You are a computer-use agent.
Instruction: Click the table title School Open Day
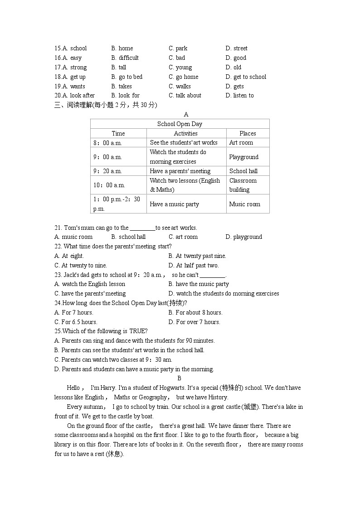tap(180, 124)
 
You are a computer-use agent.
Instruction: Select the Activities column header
tap(185, 133)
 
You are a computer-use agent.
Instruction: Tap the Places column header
tap(248, 133)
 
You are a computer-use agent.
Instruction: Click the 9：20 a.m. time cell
tap(107, 171)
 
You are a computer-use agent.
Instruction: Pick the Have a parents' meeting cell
tap(180, 171)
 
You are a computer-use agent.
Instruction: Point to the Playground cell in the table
tap(243, 157)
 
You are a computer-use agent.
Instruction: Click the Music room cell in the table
tap(244, 204)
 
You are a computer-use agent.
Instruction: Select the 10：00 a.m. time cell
tap(109, 185)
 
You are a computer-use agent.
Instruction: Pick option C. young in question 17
tap(180, 67)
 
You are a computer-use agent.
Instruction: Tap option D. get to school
tap(246, 77)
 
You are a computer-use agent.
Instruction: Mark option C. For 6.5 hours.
tap(76, 322)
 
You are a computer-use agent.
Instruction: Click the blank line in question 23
tap(212, 275)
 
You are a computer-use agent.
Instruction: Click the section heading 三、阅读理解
tap(73, 105)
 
